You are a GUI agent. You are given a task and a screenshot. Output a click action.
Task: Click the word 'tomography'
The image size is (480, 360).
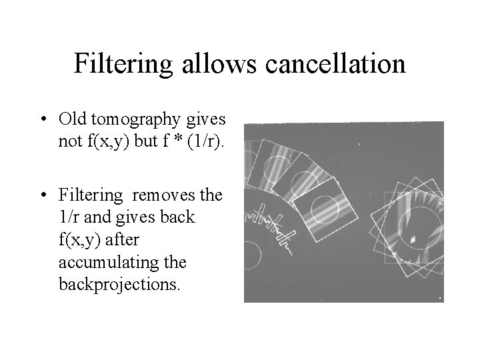tap(137, 120)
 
